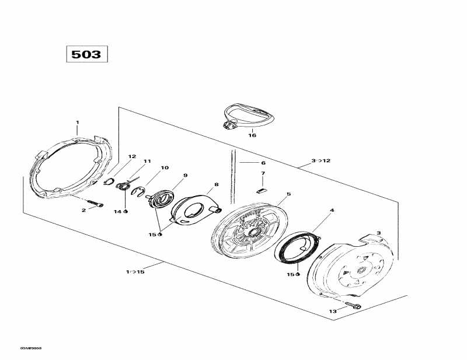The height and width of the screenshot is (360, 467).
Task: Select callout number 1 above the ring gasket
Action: [77, 123]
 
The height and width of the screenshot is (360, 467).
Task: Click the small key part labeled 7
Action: [262, 189]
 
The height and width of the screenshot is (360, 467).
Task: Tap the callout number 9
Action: [185, 175]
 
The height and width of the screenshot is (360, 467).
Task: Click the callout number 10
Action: [165, 168]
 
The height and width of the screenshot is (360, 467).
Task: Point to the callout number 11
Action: [147, 162]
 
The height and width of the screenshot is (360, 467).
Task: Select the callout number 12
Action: [132, 156]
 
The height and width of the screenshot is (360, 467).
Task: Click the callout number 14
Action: [117, 211]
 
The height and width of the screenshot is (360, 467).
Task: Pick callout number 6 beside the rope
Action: [263, 163]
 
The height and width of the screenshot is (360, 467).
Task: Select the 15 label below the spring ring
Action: [290, 274]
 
